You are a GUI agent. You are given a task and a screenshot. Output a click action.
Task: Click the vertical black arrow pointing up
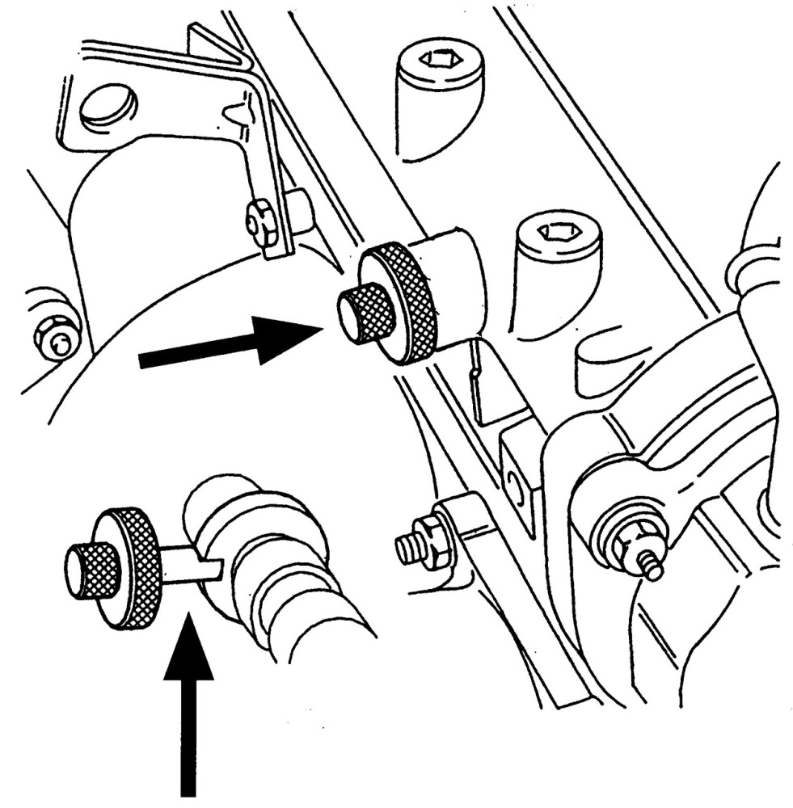pyautogui.click(x=188, y=711)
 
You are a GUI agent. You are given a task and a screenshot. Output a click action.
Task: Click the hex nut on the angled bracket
pyautogui.click(x=260, y=222)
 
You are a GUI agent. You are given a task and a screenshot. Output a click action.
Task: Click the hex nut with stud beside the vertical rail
pyautogui.click(x=422, y=542)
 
